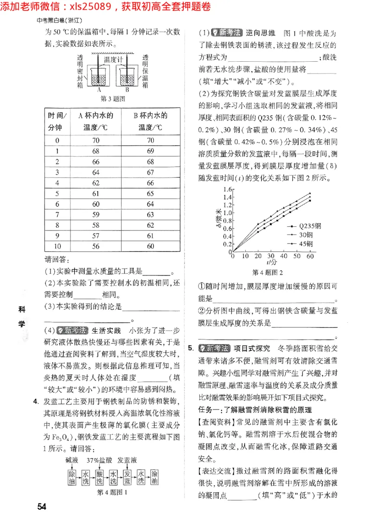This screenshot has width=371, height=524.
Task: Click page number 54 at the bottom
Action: pyautogui.click(x=42, y=506)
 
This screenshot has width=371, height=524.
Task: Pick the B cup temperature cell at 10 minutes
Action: pyautogui.click(x=150, y=247)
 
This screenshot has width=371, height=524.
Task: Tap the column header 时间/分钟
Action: pyautogui.click(x=58, y=121)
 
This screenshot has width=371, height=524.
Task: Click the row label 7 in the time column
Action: pyautogui.click(x=58, y=215)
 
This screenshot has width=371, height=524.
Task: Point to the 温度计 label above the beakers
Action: pyautogui.click(x=113, y=59)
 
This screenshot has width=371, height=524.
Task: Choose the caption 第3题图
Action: pyautogui.click(x=113, y=99)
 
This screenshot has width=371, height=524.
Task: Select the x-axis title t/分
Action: pyautogui.click(x=271, y=262)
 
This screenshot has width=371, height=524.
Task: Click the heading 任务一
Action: pyautogui.click(x=211, y=409)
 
